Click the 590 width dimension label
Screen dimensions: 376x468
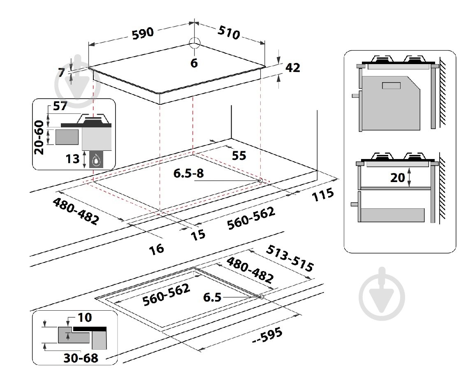pos(143,32)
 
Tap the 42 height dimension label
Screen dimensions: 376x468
pos(292,68)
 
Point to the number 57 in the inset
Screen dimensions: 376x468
pos(60,106)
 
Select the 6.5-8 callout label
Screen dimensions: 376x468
pos(188,173)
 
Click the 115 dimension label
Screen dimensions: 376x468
pos(323,195)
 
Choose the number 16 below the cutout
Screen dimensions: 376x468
pos(156,249)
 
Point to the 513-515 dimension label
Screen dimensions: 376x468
pos(290,258)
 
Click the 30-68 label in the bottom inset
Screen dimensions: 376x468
pos(81,358)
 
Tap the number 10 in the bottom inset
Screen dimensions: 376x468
pos(84,318)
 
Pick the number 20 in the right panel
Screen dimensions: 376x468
pos(397,178)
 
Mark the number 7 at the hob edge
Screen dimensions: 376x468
pos(61,72)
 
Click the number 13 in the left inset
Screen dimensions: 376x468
pos(72,158)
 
